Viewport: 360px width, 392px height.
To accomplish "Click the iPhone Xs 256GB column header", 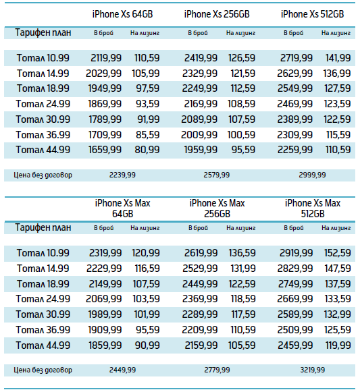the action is (x=217, y=14).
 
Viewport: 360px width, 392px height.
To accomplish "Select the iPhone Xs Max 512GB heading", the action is (x=313, y=208).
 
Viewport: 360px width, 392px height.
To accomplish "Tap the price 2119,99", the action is (x=106, y=58).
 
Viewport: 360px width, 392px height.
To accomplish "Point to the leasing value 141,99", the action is (x=338, y=58).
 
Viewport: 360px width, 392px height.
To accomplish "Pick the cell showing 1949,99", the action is (x=105, y=88).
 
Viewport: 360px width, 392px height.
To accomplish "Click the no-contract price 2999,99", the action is (x=312, y=175).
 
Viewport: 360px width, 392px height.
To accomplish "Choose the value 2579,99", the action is (x=217, y=175).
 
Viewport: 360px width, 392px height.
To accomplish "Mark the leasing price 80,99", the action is (x=147, y=150).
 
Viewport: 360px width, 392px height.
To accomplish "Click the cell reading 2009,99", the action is (x=199, y=135).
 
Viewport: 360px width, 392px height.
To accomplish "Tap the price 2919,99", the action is (x=296, y=253).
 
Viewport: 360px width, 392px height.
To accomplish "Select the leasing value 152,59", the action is (x=338, y=253).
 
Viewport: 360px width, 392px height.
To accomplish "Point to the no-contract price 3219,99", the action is (x=313, y=370).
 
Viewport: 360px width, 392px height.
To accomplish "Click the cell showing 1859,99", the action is (x=105, y=345).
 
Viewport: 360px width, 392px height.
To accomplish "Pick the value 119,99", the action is (x=338, y=345).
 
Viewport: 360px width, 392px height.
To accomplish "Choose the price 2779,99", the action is (x=217, y=370).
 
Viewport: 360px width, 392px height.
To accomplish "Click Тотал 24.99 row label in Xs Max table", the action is (x=43, y=299).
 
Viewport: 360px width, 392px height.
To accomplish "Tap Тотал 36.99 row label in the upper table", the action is (x=43, y=135).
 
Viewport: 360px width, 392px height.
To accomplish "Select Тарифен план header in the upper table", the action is (x=43, y=33).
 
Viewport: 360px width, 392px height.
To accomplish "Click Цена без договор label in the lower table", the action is (x=43, y=370).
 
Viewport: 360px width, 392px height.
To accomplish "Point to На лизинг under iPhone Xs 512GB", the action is (x=336, y=33).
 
